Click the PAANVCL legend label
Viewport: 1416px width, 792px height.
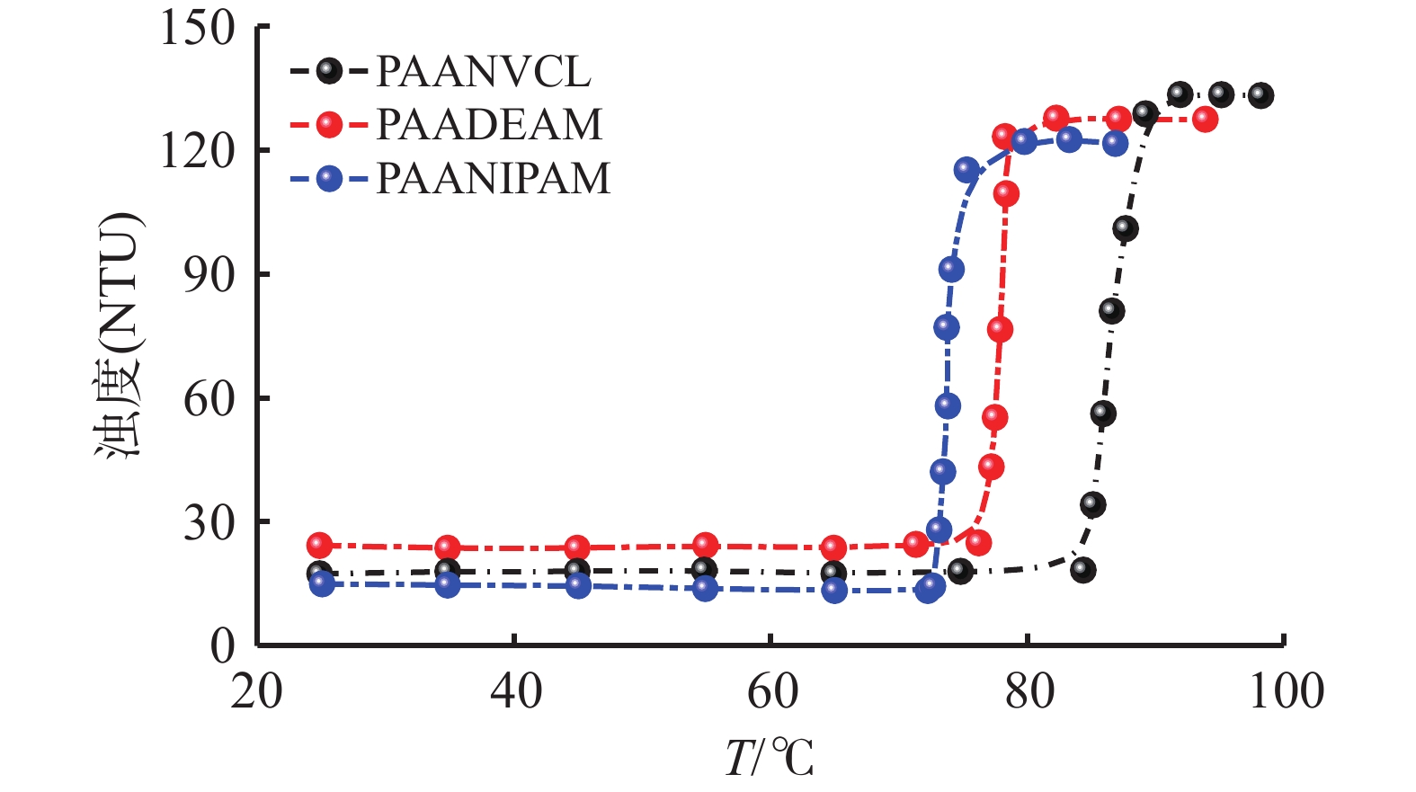pyautogui.click(x=483, y=72)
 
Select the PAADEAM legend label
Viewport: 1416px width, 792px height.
pyautogui.click(x=489, y=125)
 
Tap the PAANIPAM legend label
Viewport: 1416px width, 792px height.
pyautogui.click(x=493, y=178)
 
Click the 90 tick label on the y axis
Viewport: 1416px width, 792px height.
pyautogui.click(x=209, y=274)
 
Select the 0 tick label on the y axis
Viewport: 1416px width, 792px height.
pyautogui.click(x=222, y=645)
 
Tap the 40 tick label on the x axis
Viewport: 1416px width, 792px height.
pyautogui.click(x=515, y=692)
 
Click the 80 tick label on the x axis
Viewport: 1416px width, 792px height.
pyautogui.click(x=1029, y=692)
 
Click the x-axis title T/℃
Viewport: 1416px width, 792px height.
pyautogui.click(x=770, y=757)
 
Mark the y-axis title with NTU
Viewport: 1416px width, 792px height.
pyautogui.click(x=120, y=334)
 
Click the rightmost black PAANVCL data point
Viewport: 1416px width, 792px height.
pyautogui.click(x=1260, y=95)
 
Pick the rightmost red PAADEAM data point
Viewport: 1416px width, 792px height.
pyautogui.click(x=1205, y=120)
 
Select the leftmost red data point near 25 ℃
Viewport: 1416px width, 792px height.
pyautogui.click(x=319, y=545)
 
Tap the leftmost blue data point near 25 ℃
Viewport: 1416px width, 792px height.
pyautogui.click(x=322, y=583)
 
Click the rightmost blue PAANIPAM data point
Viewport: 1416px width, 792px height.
pyautogui.click(x=1115, y=143)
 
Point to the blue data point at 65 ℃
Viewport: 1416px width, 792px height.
pyautogui.click(x=834, y=591)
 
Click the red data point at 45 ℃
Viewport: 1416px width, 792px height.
pyautogui.click(x=578, y=547)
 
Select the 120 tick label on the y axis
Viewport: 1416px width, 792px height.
pyautogui.click(x=198, y=150)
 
